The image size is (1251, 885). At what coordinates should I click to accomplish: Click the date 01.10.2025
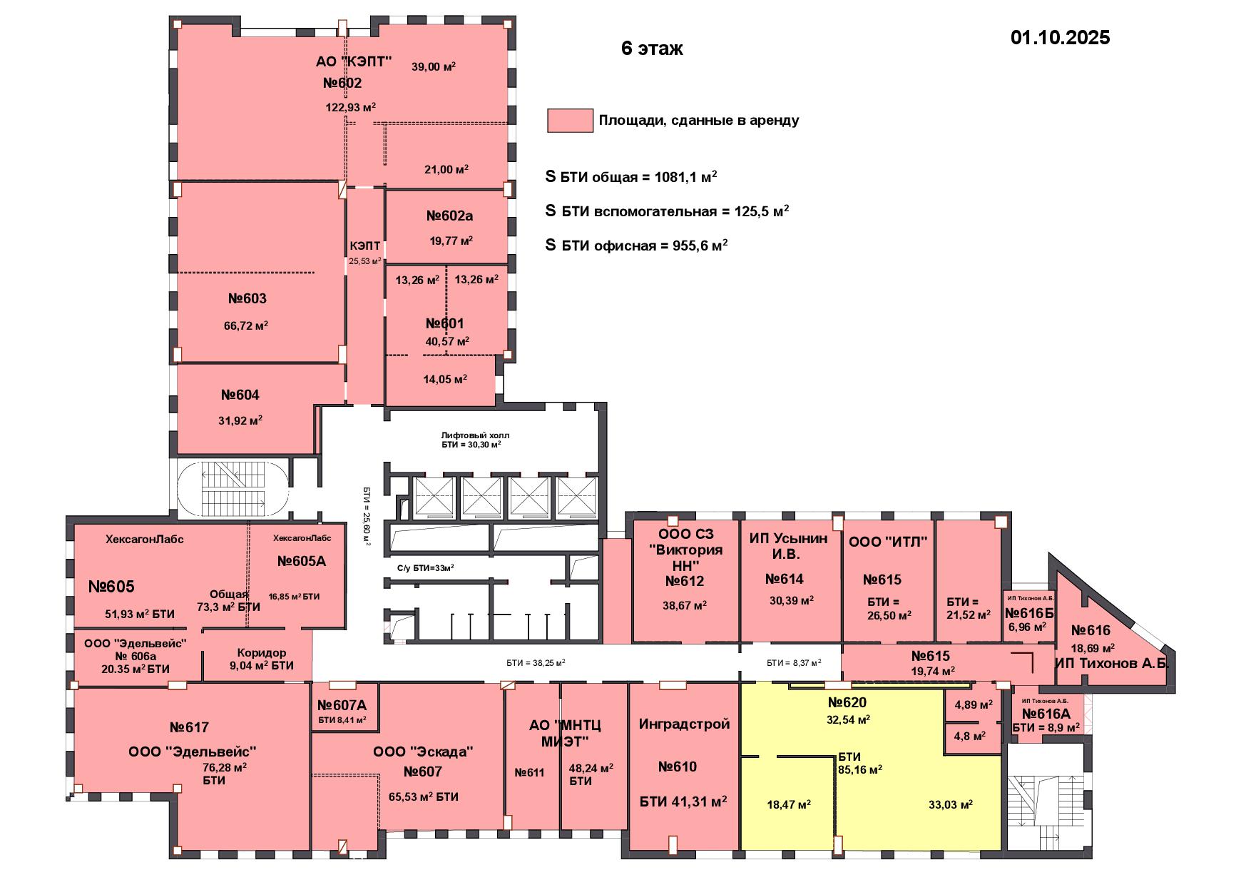click(1060, 37)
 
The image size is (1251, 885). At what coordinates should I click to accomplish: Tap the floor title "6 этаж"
click(652, 48)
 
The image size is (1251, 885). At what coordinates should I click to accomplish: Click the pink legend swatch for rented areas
click(570, 121)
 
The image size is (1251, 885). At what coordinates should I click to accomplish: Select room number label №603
click(247, 298)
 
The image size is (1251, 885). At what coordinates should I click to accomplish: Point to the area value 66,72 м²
click(246, 325)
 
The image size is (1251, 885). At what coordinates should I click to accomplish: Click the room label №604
click(240, 395)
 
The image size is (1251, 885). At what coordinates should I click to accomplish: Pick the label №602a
click(449, 216)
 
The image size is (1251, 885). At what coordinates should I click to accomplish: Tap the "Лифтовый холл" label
click(475, 435)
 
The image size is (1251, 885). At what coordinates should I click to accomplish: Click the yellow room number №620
click(847, 702)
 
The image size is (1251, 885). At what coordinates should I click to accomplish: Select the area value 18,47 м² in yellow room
click(789, 804)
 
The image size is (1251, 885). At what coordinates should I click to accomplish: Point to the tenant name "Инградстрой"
click(684, 724)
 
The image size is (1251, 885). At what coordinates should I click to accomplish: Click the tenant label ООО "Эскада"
click(423, 752)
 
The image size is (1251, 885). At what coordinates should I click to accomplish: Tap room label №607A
click(341, 706)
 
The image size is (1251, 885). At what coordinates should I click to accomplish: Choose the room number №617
click(189, 727)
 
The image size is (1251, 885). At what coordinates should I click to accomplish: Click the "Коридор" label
click(262, 652)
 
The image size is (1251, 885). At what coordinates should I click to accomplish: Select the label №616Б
click(1029, 613)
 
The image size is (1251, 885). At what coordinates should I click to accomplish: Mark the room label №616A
click(1046, 714)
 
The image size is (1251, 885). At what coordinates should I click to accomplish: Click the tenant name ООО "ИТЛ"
click(888, 542)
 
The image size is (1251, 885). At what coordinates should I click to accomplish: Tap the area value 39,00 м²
click(434, 66)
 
